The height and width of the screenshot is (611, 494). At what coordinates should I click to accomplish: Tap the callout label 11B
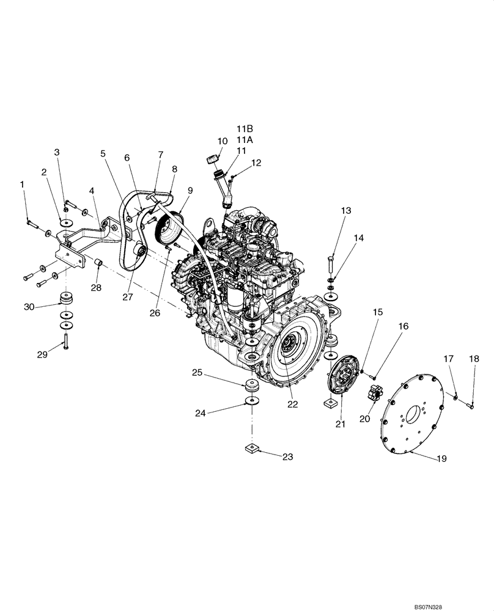(245, 128)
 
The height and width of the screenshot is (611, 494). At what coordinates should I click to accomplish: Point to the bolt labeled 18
(471, 403)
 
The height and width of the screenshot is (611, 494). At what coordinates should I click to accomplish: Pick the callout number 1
(23, 184)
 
